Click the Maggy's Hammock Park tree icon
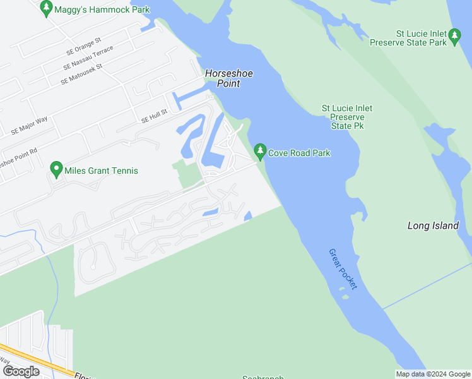coord(45,8)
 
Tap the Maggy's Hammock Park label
coord(102,9)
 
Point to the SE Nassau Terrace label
coord(88,58)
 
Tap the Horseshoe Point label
coord(229,78)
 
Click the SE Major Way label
coord(29,126)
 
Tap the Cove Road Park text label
coord(299,153)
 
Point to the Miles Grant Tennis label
coord(102,171)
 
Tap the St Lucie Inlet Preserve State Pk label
coord(347,117)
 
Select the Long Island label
coord(433,226)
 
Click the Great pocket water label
coord(343,268)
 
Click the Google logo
coord(21,371)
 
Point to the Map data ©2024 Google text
coord(434,374)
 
